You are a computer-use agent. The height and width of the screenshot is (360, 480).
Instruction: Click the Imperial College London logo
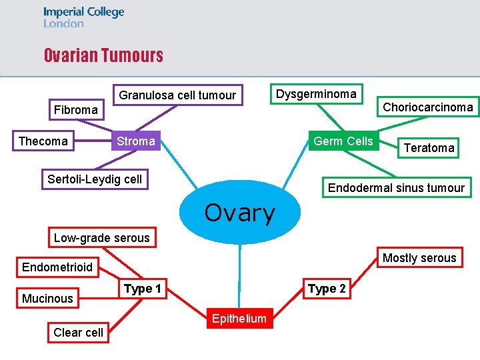[83, 17]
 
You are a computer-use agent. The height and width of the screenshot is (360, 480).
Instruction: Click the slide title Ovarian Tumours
[103, 55]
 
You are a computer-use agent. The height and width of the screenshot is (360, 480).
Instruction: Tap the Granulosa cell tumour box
[177, 95]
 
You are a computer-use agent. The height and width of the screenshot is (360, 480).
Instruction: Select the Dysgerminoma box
[316, 94]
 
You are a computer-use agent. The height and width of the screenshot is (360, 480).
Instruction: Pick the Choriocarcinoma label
[428, 107]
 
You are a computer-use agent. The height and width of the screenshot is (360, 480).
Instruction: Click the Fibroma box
[75, 109]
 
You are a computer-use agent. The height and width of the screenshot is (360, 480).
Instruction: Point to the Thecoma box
[43, 141]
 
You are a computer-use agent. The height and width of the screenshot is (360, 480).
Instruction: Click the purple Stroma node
[135, 141]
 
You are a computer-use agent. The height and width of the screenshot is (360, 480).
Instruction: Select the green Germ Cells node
[343, 141]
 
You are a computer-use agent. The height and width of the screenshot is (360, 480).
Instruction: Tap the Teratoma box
[429, 148]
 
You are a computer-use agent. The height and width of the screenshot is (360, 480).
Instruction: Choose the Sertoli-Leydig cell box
[95, 179]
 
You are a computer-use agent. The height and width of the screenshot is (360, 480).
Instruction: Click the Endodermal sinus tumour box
[396, 187]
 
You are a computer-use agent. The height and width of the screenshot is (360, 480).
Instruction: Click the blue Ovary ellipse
[239, 212]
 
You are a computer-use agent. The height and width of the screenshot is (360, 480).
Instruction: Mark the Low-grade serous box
[101, 238]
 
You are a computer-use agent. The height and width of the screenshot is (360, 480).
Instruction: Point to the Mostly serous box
[419, 258]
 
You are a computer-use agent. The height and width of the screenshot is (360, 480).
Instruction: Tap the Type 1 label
[143, 289]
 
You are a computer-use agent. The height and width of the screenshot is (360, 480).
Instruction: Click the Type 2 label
[327, 289]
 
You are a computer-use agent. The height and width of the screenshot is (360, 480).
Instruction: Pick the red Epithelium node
[239, 319]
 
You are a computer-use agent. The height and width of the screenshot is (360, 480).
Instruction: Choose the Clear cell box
[78, 333]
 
